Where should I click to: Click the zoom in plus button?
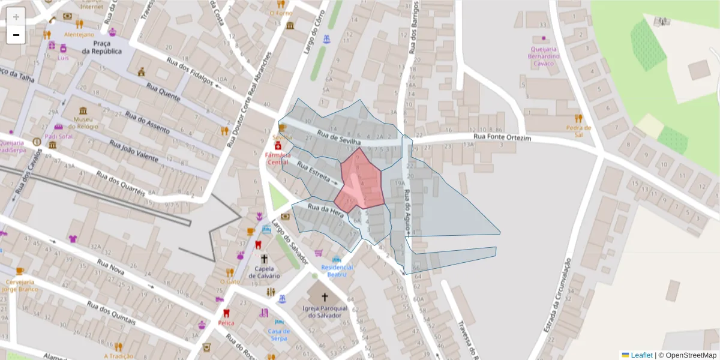pyautogui.click(x=16, y=17)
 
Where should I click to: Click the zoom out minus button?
pyautogui.click(x=16, y=35)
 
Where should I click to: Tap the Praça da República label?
pyautogui.click(x=102, y=48)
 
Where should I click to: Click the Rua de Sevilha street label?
pyautogui.click(x=339, y=137)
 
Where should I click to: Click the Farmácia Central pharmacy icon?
pyautogui.click(x=278, y=146)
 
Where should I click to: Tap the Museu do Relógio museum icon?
pyautogui.click(x=82, y=111)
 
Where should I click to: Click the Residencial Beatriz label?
pyautogui.click(x=337, y=271)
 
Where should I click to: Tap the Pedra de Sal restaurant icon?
pyautogui.click(x=578, y=118)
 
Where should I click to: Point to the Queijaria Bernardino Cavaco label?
pyautogui.click(x=544, y=56)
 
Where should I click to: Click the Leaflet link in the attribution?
pyautogui.click(x=641, y=355)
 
